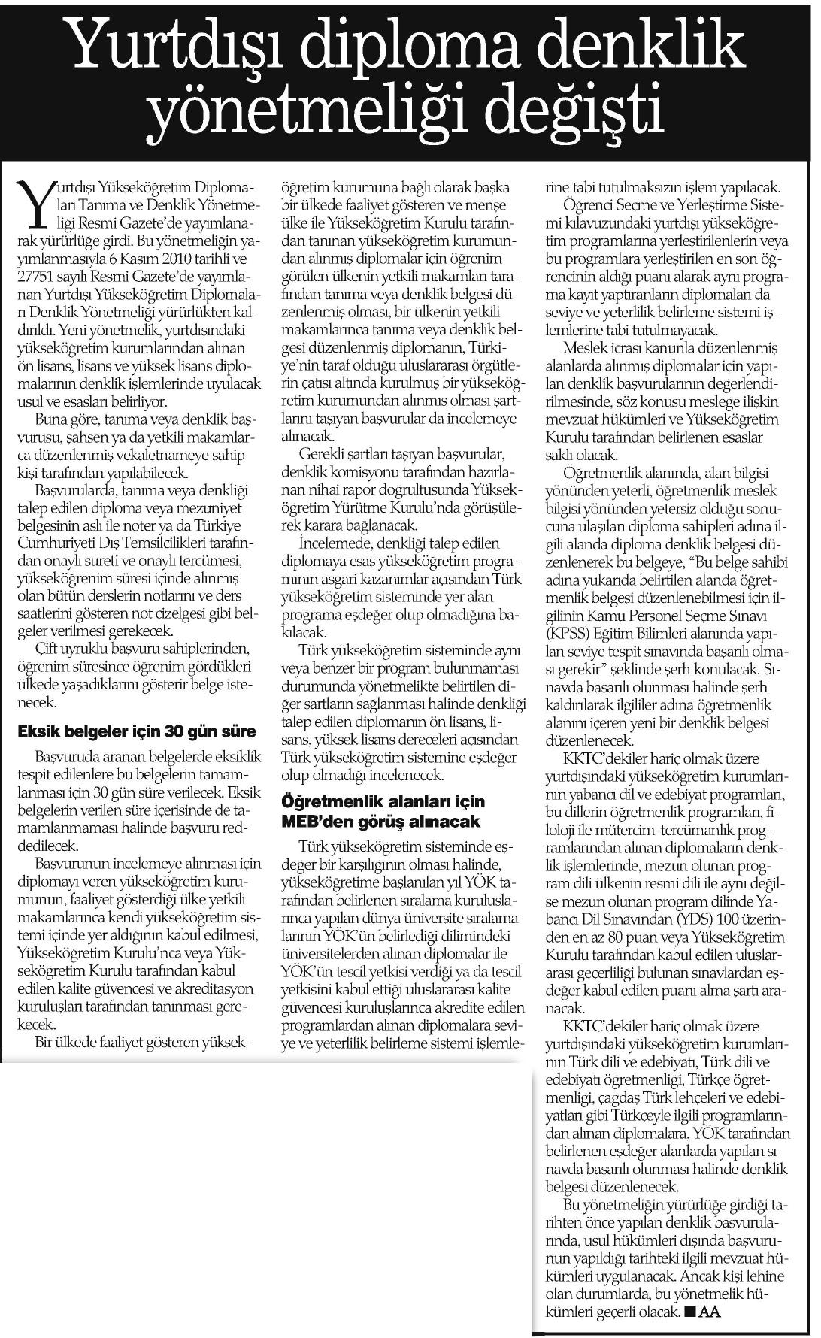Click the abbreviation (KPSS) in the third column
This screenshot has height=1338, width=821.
(571, 651)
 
